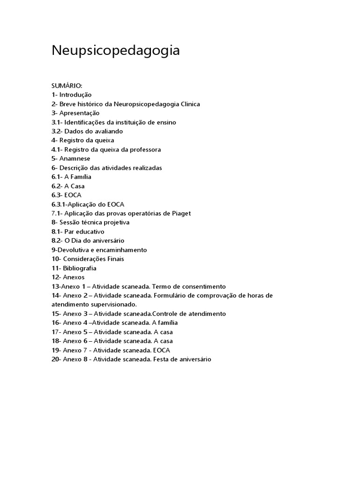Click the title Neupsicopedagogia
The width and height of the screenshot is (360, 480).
pyautogui.click(x=115, y=51)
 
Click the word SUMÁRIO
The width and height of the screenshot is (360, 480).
pyautogui.click(x=67, y=86)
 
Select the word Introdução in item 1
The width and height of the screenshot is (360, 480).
pyautogui.click(x=75, y=95)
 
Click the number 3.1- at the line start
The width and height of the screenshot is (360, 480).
pyautogui.click(x=57, y=122)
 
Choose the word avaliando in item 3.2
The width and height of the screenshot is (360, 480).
pyautogui.click(x=108, y=131)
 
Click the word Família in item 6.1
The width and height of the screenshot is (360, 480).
pyautogui.click(x=81, y=177)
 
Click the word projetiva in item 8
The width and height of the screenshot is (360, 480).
pyautogui.click(x=114, y=223)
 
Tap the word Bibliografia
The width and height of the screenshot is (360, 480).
pyautogui.click(x=80, y=268)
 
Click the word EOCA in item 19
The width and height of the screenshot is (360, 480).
pyautogui.click(x=162, y=350)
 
